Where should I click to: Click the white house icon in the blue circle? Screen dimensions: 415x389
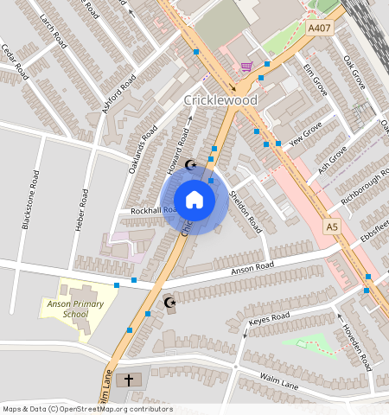point(194,200)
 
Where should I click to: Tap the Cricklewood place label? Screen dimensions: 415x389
point(220,100)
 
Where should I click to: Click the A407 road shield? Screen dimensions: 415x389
point(320,28)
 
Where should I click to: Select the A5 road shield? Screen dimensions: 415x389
point(333,226)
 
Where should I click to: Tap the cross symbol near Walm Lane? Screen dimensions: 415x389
point(130,380)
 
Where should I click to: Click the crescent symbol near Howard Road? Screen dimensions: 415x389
point(191,164)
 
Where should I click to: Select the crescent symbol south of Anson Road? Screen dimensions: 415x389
point(169,302)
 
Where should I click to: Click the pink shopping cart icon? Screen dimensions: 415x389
point(246,66)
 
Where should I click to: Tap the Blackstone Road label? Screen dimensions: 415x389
point(29,200)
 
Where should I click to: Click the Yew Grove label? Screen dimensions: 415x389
point(306,136)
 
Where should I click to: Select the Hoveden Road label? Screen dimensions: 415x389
point(357,338)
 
